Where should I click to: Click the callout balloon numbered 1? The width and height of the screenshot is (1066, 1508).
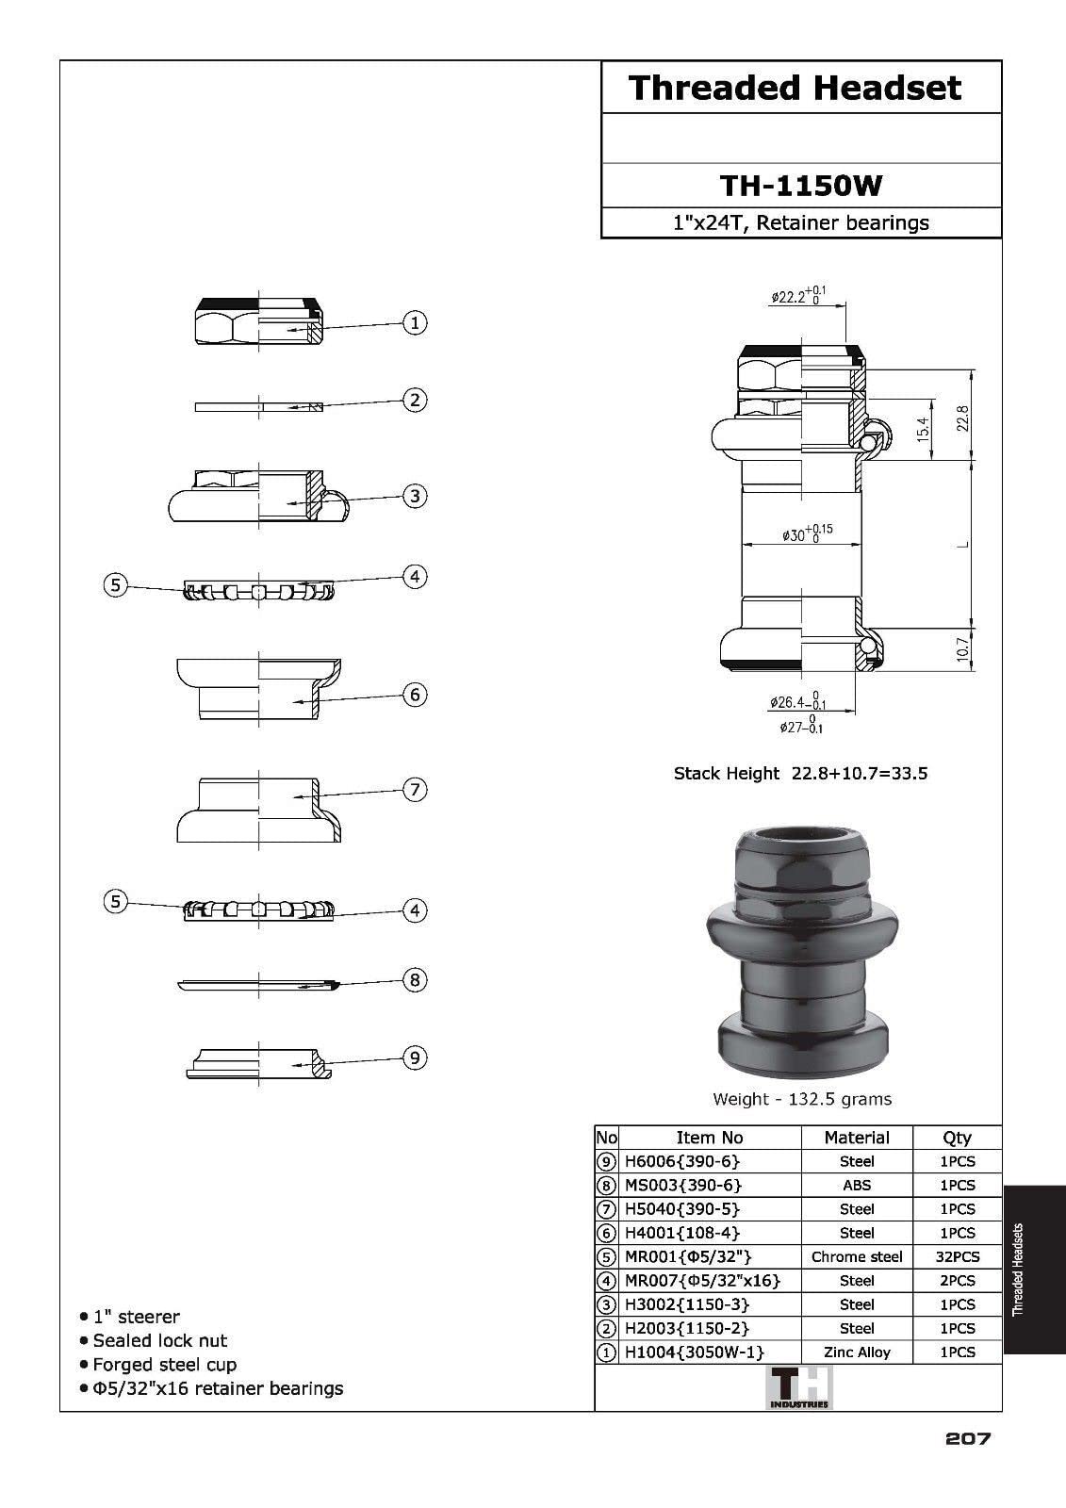[x=415, y=322]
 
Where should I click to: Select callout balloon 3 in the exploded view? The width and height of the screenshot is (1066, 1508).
[x=415, y=496]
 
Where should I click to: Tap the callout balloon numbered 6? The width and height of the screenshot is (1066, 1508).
[x=415, y=695]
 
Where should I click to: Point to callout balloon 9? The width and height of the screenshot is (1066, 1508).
[x=415, y=1057]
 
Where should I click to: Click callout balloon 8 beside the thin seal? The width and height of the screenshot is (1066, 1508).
[x=415, y=980]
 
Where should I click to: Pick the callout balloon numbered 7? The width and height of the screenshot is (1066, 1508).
[x=415, y=790]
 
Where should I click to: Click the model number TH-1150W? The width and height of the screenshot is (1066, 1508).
[x=801, y=186]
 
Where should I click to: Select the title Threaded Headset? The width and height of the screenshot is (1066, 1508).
[x=795, y=89]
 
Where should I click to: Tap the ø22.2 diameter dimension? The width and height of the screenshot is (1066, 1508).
[x=798, y=296]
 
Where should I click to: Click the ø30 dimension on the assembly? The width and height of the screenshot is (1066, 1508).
[x=808, y=533]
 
